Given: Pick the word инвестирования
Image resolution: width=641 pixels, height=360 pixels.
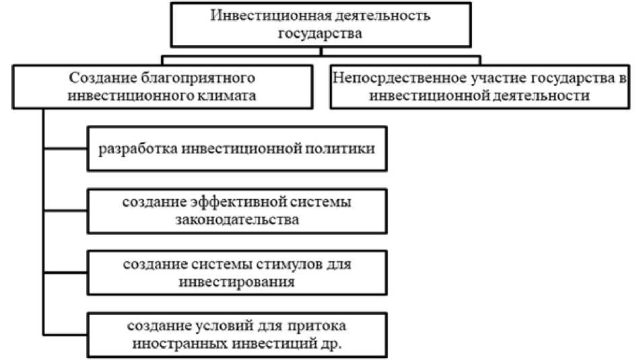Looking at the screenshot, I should pos(236,281).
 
